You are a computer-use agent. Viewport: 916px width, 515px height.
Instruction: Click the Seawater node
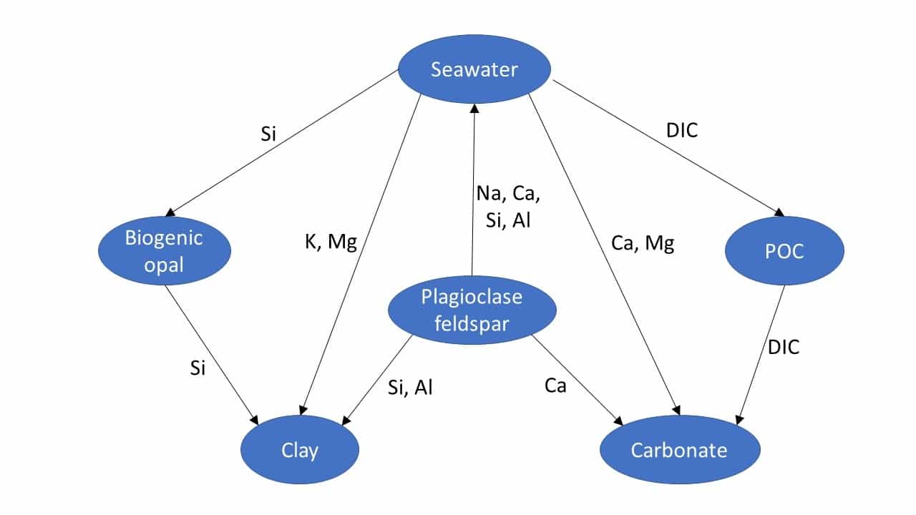(474, 69)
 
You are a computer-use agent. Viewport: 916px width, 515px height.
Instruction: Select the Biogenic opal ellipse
(164, 250)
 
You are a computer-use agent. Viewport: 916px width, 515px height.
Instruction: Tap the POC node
(784, 251)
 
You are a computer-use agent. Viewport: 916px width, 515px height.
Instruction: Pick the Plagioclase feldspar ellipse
(472, 310)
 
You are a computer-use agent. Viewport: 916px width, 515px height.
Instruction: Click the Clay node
(300, 451)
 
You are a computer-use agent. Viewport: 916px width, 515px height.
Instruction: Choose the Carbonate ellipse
(679, 451)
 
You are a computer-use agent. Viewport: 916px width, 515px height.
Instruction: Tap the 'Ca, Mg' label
(643, 243)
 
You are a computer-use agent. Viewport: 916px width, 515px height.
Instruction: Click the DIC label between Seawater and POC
(681, 130)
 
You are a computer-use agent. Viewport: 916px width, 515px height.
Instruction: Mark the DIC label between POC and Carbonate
(784, 348)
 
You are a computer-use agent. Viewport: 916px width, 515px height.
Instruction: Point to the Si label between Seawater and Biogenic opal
(268, 134)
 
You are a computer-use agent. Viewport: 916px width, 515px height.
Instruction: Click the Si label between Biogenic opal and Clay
(198, 368)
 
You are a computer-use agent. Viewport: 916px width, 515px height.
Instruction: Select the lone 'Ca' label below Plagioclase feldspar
(555, 386)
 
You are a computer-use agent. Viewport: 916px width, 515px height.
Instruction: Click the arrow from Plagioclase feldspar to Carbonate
(577, 378)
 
